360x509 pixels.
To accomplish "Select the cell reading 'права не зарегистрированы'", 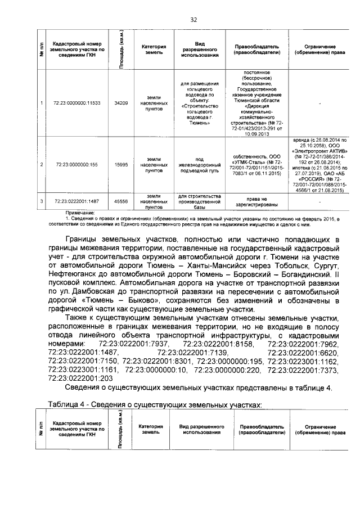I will [256, 201].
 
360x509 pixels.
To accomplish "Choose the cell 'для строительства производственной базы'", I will [199, 201].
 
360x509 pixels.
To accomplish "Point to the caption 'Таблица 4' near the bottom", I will [67, 404].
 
